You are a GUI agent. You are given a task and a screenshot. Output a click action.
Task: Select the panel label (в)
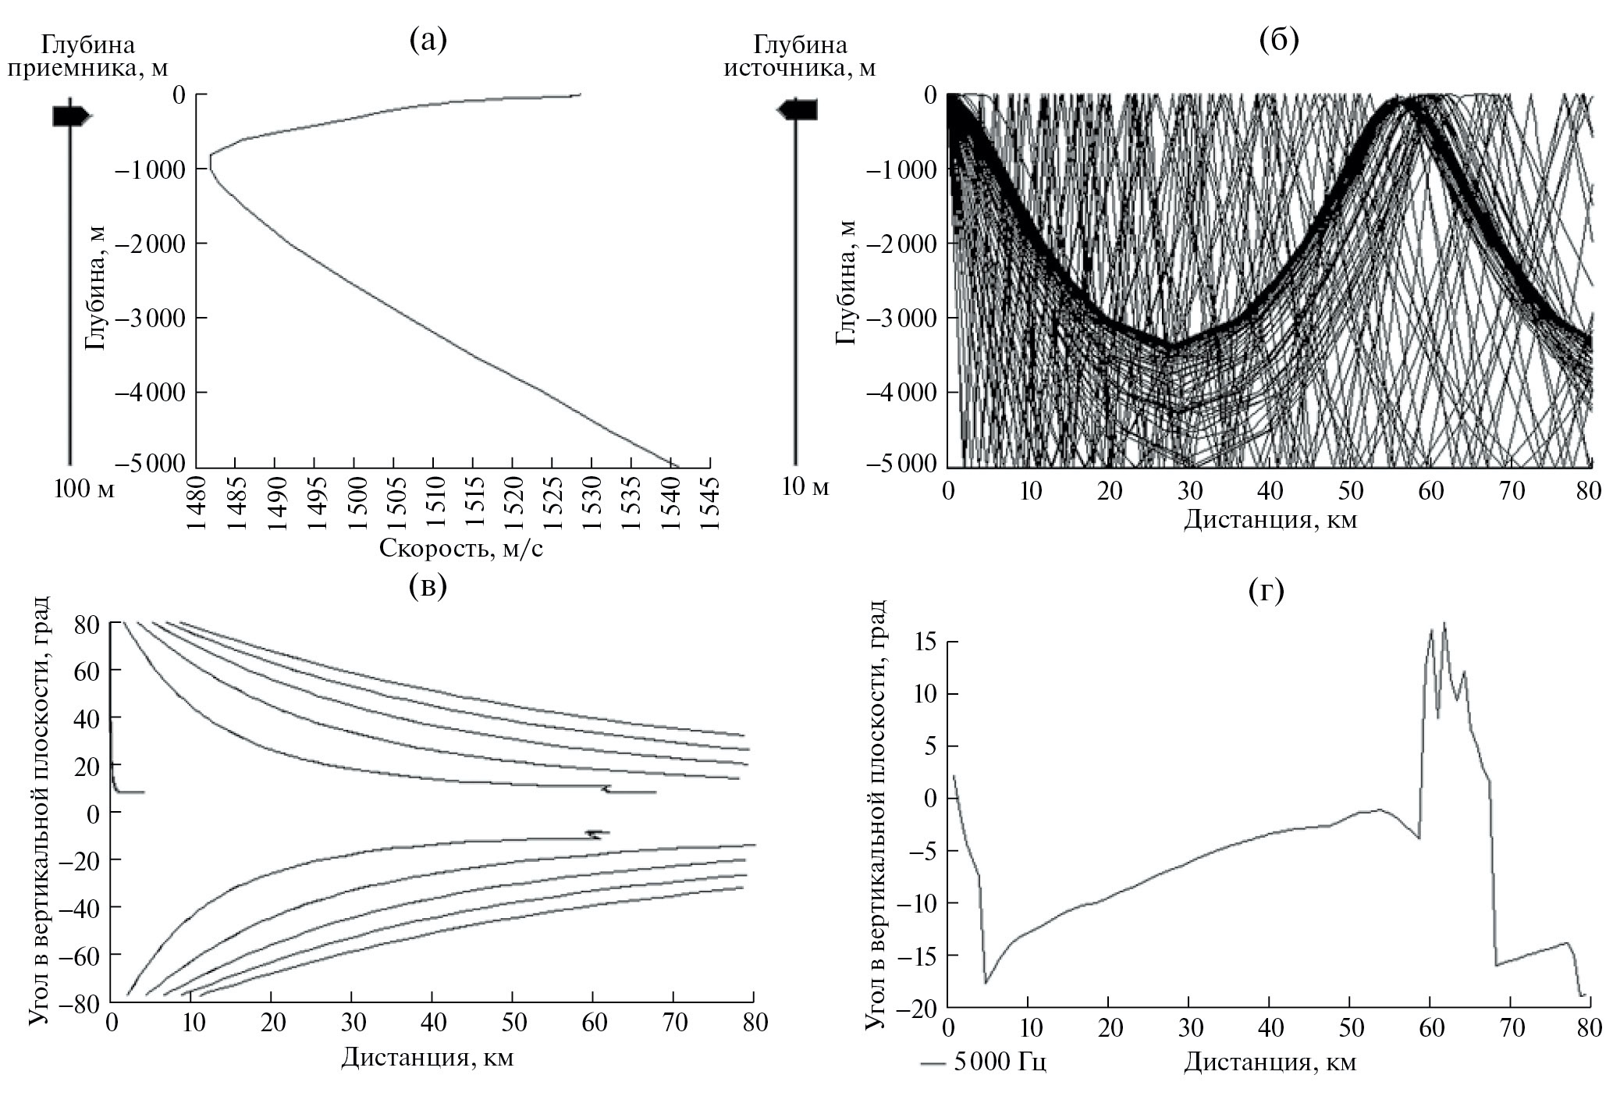pos(428,586)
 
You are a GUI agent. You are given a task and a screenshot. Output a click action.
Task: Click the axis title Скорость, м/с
pos(461,548)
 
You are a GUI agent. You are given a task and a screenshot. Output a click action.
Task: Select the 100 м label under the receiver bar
pos(83,489)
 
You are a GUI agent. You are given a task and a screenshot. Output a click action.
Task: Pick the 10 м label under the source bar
pos(805,488)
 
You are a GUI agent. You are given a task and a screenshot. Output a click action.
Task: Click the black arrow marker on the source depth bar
pos(798,110)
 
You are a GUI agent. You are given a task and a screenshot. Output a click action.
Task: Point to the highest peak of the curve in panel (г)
pos(1444,623)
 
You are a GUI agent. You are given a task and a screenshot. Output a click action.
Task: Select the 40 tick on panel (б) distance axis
pos(1270,490)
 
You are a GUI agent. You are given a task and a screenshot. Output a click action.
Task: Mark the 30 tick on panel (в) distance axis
pos(351,1023)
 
